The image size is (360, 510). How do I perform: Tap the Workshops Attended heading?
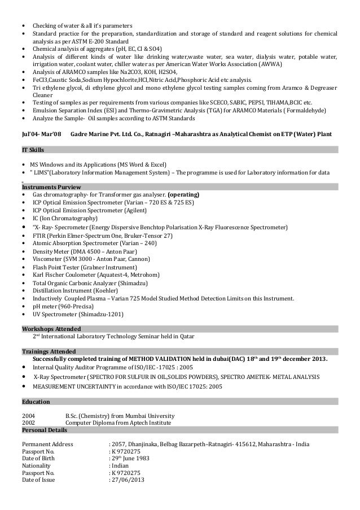(x=51, y=328)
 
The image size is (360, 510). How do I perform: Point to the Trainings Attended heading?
(x=49, y=350)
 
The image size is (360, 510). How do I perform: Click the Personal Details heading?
(x=46, y=430)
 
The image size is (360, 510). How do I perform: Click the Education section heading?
(x=36, y=402)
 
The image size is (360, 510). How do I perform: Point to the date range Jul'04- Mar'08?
(x=40, y=133)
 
